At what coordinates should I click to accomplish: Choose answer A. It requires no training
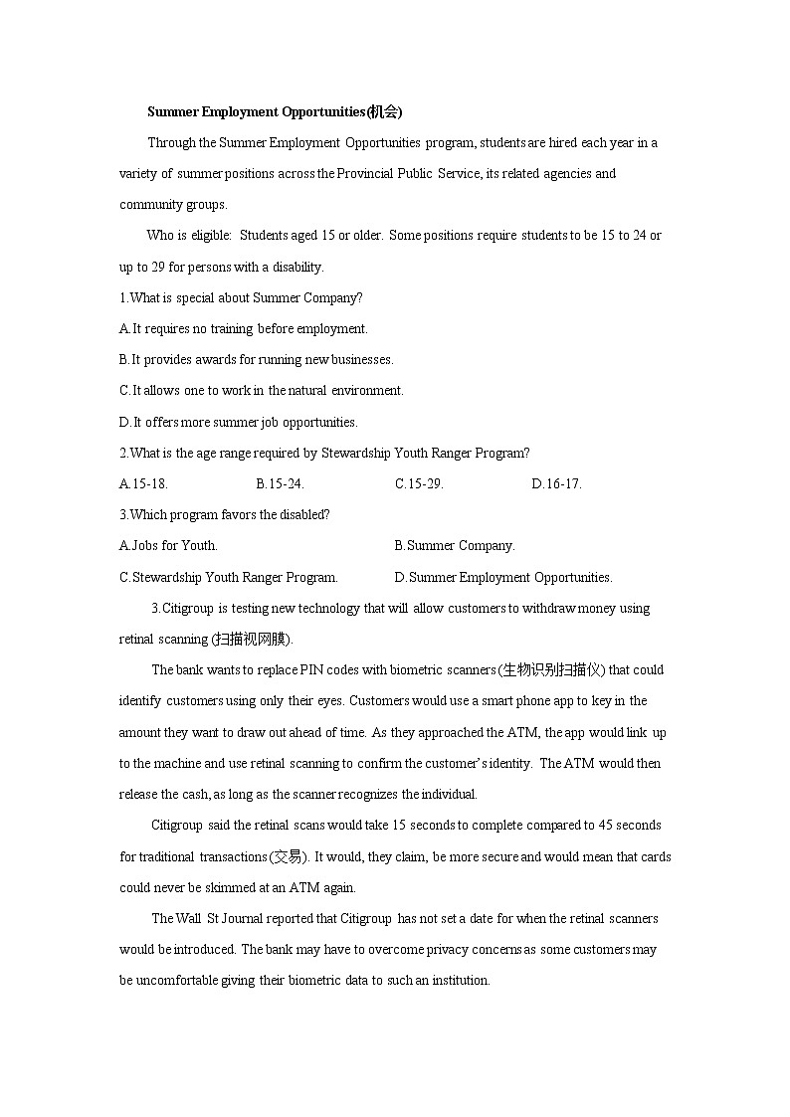point(243,328)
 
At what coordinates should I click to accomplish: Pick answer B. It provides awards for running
point(256,359)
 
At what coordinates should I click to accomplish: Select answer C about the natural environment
point(261,391)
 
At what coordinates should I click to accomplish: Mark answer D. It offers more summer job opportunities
point(238,422)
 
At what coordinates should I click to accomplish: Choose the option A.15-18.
point(143,484)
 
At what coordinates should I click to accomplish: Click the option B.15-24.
point(280,484)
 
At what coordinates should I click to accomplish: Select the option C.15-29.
point(419,484)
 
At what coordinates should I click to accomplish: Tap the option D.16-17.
point(556,484)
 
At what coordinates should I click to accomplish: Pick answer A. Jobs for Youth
point(168,546)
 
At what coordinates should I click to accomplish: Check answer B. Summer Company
point(455,546)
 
